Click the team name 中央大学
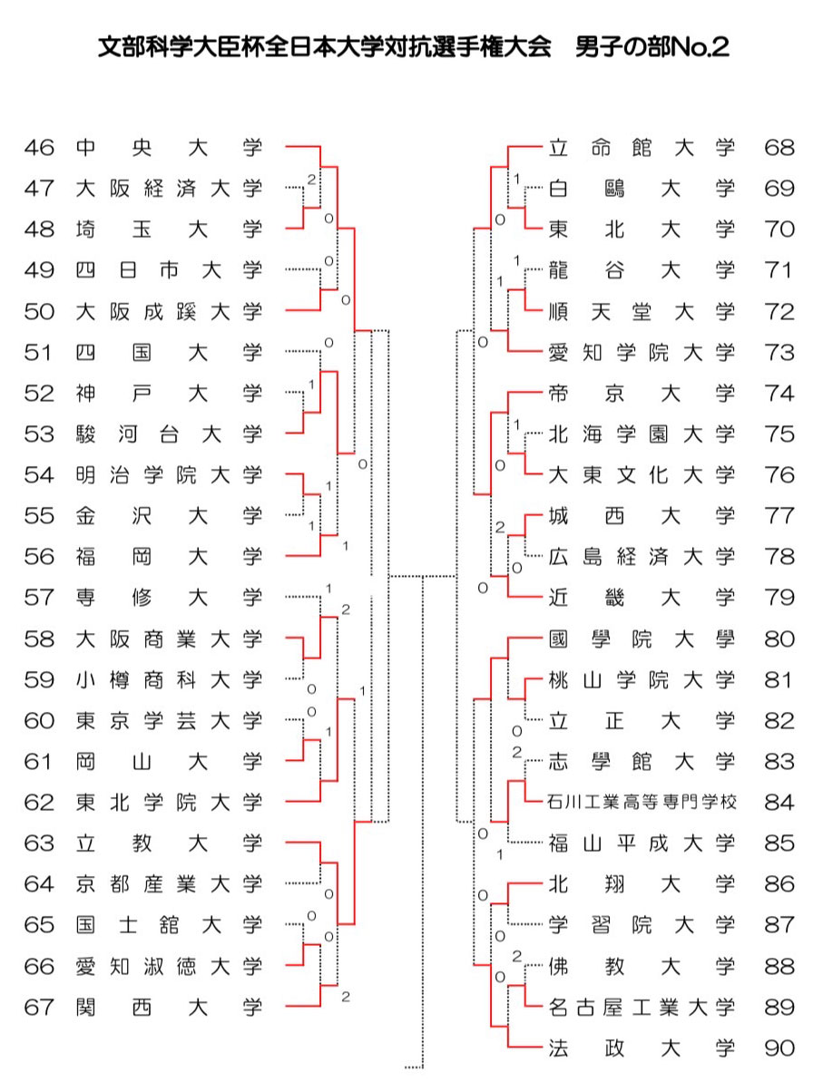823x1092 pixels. [x=169, y=148]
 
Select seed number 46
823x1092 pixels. [x=39, y=148]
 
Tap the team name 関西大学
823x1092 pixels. [x=169, y=1007]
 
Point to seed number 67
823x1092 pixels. [x=39, y=1007]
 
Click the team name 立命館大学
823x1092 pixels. [x=642, y=148]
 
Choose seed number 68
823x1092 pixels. [x=779, y=148]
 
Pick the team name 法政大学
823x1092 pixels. [x=642, y=1048]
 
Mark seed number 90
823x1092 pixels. [x=779, y=1048]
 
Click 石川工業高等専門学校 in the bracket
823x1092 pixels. [x=642, y=803]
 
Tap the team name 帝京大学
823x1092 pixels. [x=642, y=394]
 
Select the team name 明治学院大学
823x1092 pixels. [x=169, y=475]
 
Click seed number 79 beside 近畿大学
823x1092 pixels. [x=779, y=598]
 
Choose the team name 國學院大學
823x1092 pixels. [x=642, y=639]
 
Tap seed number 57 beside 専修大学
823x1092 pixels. [x=39, y=598]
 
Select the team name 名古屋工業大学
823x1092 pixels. [x=642, y=1007]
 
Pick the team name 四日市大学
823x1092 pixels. [x=169, y=270]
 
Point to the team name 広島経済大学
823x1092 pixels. [x=642, y=557]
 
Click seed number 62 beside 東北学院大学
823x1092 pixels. [x=39, y=803]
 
